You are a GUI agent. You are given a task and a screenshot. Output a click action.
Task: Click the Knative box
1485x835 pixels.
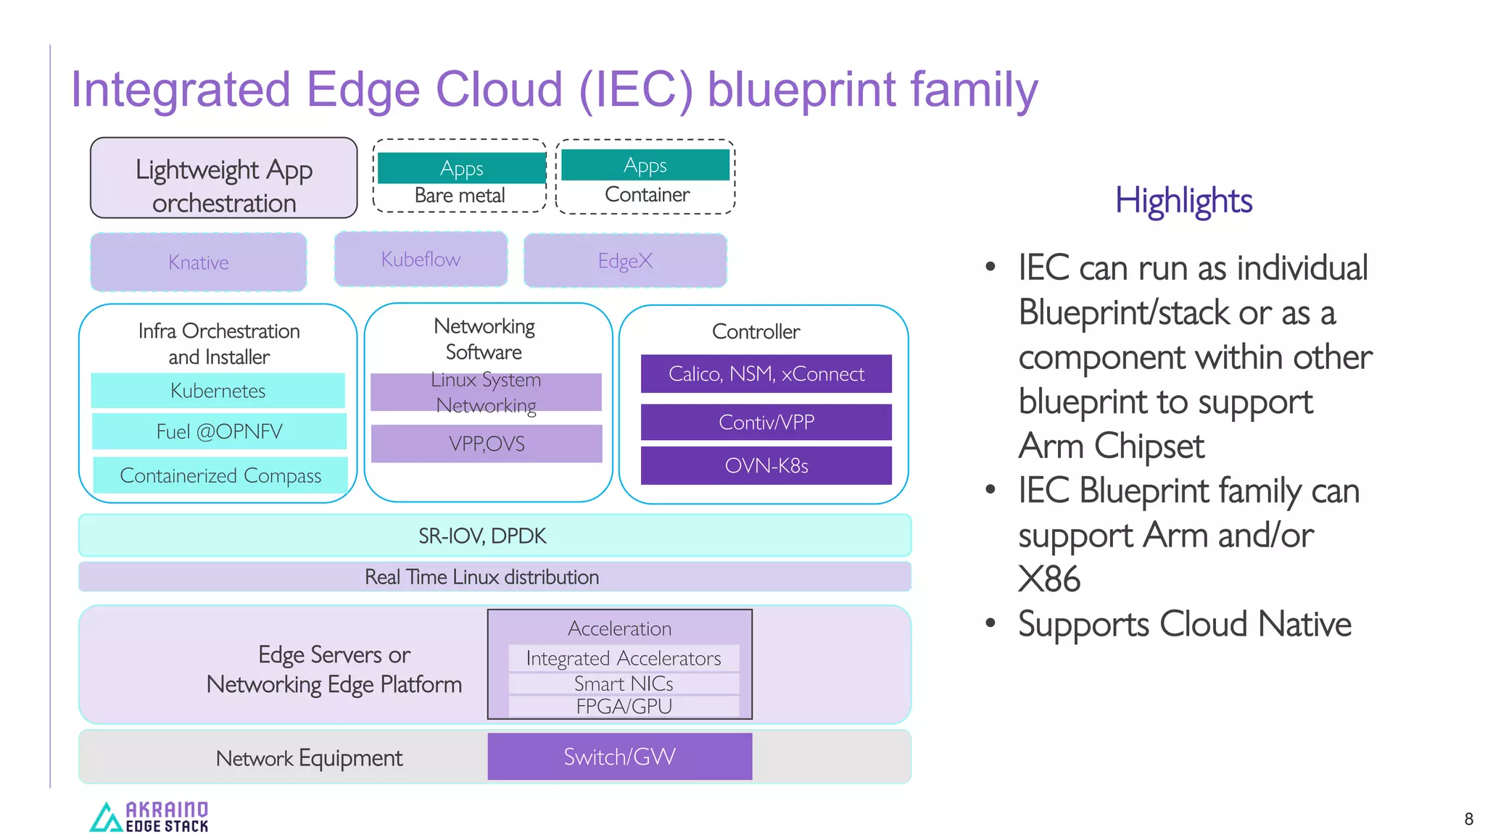(x=198, y=262)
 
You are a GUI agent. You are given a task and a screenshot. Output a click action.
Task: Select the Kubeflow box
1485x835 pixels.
(x=421, y=259)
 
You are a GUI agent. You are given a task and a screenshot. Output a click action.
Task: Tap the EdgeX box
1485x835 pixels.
(x=625, y=260)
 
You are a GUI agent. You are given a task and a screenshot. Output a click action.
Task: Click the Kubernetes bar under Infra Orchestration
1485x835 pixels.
(x=218, y=391)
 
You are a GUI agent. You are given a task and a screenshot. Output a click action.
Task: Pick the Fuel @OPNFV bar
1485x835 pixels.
(x=219, y=431)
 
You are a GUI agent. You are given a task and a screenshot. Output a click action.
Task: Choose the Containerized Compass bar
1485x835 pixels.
(x=220, y=475)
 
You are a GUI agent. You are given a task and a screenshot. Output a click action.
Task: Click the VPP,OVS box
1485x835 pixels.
(x=487, y=444)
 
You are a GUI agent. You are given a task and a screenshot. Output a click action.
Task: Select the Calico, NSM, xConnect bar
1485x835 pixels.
(x=766, y=374)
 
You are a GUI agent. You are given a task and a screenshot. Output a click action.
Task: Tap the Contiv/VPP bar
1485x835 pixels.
(x=766, y=422)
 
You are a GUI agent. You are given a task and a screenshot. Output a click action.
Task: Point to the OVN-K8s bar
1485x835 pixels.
(x=766, y=465)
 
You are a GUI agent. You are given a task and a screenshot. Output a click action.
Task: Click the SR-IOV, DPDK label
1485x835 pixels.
(x=482, y=536)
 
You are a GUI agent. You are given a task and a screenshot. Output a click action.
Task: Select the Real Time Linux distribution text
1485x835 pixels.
(x=482, y=577)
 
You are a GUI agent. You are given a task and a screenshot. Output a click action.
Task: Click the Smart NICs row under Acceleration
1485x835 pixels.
(x=624, y=684)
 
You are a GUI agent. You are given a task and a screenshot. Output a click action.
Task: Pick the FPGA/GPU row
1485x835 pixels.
(x=624, y=706)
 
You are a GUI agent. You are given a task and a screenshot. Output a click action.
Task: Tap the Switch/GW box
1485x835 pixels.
(x=620, y=757)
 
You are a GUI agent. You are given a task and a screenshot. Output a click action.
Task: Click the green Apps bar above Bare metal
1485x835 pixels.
(x=461, y=168)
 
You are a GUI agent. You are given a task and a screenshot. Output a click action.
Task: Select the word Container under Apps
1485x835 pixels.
(x=647, y=194)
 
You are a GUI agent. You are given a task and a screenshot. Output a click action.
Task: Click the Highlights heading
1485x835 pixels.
(x=1183, y=200)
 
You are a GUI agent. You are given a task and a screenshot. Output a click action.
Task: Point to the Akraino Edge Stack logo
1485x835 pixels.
(x=149, y=816)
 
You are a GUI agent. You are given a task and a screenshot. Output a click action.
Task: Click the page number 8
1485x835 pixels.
(x=1468, y=819)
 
